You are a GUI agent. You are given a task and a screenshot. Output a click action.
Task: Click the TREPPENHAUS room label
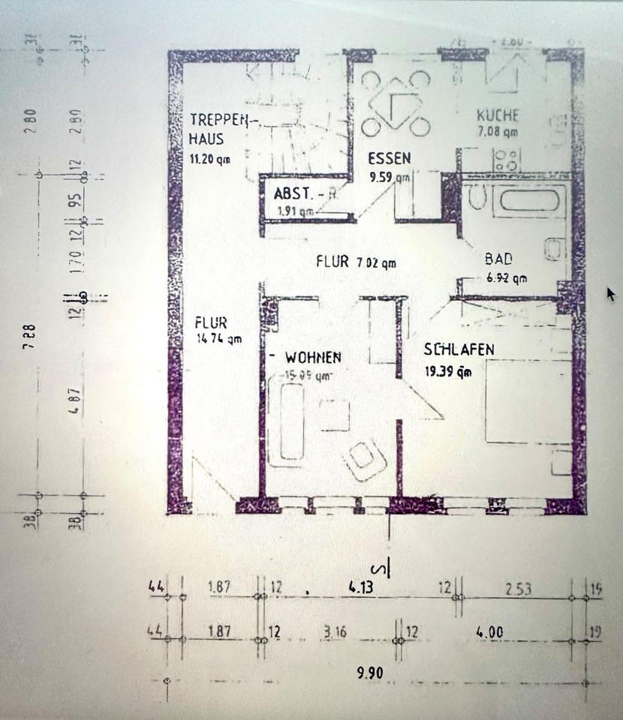224,129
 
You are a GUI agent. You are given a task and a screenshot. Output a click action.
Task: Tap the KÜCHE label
498,115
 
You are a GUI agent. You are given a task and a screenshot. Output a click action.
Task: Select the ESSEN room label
389,158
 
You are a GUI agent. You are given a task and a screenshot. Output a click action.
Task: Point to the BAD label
498,259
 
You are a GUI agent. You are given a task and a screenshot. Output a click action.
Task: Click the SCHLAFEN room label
459,349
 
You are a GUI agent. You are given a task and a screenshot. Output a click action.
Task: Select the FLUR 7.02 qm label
355,262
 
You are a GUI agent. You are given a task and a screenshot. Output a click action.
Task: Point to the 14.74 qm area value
218,339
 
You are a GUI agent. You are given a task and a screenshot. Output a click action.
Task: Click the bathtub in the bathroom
528,201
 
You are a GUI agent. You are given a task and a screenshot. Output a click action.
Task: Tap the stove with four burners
506,159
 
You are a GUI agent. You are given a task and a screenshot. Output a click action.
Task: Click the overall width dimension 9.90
370,673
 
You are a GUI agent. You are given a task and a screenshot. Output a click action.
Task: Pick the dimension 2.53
517,589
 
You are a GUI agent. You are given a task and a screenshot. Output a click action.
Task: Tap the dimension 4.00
489,632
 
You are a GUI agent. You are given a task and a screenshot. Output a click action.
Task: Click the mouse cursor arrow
611,293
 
